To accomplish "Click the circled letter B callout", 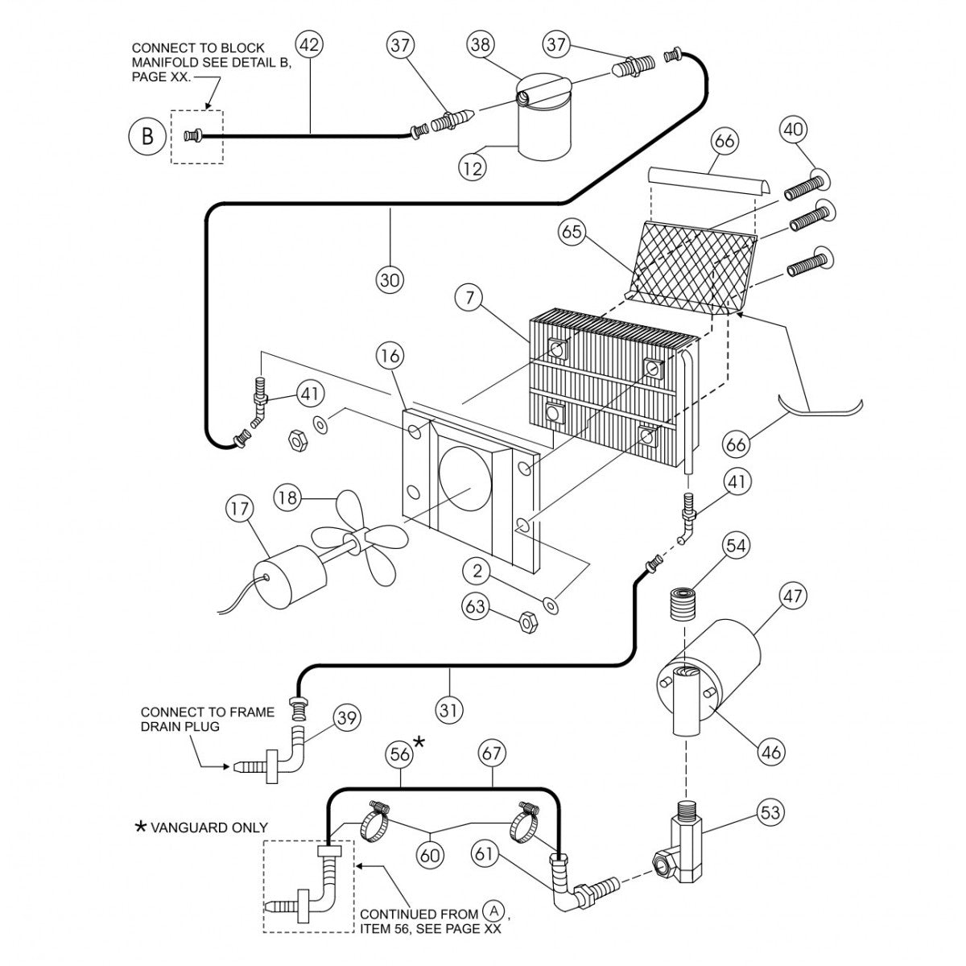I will click(147, 136).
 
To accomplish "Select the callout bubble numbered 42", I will click(310, 44).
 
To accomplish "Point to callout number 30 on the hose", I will click(390, 279).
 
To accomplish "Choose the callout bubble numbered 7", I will click(469, 299).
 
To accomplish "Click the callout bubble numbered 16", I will click(390, 355).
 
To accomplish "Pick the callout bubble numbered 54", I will click(736, 545).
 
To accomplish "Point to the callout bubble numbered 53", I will click(770, 812).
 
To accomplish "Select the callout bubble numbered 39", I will click(346, 718).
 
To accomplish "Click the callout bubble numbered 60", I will click(431, 854).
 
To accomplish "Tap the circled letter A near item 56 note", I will click(495, 911).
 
